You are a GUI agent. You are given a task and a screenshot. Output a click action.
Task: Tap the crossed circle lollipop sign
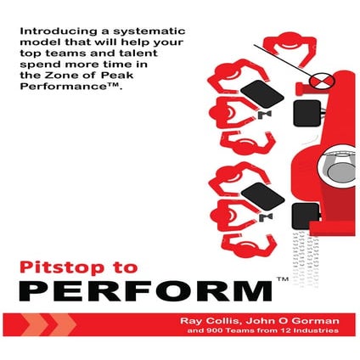coord(320,81)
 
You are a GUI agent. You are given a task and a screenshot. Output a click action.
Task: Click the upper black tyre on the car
coord(305,110)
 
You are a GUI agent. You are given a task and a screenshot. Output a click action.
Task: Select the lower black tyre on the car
coord(304,217)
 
